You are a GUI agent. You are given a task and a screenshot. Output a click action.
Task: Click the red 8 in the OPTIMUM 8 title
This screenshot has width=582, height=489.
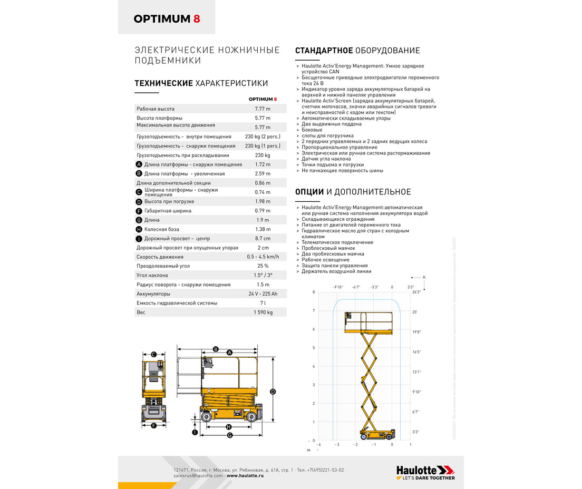pos(197,19)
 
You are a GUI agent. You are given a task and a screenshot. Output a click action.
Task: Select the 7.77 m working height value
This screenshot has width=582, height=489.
pos(262,109)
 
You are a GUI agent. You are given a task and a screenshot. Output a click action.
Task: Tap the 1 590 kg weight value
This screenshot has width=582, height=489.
pos(262,312)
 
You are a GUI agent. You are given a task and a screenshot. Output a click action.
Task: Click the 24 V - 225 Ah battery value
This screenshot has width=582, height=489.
pos(263,294)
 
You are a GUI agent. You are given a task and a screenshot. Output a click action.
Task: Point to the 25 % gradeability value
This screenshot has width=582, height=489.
pos(263,266)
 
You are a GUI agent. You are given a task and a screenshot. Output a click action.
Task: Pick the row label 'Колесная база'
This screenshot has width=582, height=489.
pos(161,229)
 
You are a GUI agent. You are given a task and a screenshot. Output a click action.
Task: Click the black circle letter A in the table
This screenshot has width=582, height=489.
pos(139,164)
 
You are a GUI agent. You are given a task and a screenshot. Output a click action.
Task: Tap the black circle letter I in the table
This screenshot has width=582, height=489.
pos(139,239)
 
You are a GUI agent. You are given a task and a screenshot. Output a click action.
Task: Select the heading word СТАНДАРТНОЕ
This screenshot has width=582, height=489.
pos(324,51)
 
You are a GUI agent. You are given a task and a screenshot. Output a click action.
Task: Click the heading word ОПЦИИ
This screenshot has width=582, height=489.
pos(309,192)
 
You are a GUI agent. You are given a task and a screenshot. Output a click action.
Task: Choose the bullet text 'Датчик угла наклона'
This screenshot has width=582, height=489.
pos(326,159)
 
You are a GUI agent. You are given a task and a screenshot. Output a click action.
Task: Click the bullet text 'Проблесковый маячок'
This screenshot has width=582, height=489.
pos(328,248)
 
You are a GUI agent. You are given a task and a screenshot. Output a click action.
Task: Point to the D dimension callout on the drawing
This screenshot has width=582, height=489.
pos(273,392)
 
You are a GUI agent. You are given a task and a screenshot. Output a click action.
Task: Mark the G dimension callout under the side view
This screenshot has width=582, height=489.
pos(230,435)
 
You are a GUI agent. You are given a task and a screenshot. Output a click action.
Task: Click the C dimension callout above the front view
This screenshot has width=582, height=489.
pos(153,354)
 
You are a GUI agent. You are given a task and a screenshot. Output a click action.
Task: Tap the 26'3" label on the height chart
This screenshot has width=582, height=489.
pos(416,292)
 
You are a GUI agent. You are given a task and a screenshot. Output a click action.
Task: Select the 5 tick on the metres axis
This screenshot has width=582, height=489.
pos(314,348)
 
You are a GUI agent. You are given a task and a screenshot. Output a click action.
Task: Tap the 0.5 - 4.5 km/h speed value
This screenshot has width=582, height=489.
pos(263,257)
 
